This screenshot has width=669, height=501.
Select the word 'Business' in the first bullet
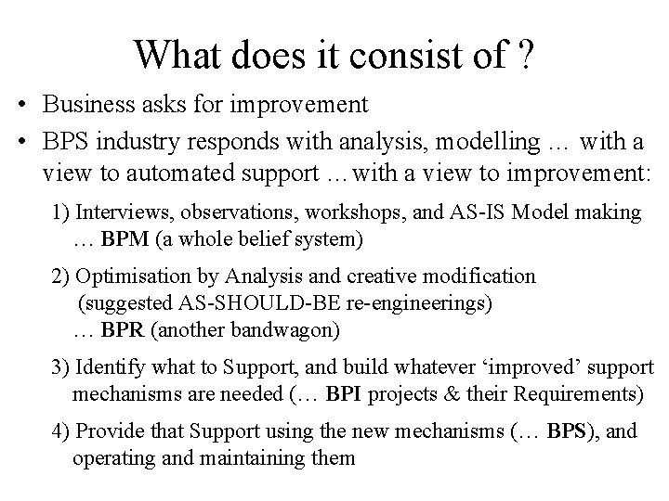click(83, 104)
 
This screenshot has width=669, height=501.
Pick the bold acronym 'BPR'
click(123, 329)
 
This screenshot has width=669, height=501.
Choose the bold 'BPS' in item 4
click(568, 431)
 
